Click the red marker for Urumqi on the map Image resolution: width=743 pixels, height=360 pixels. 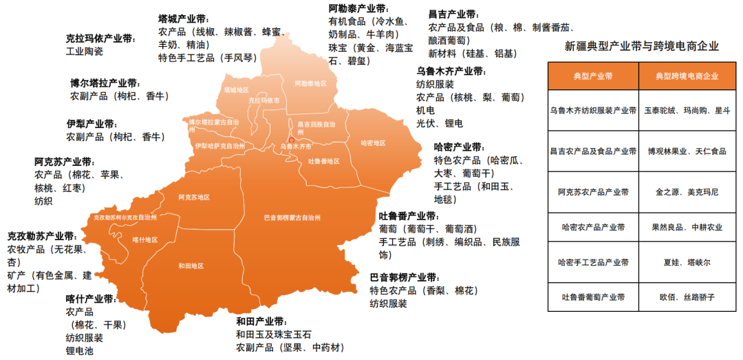[x=291, y=140]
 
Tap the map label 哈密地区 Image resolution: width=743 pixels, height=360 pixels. [x=374, y=143]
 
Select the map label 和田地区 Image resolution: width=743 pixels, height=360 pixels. [x=191, y=265]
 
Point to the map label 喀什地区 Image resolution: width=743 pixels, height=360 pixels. [x=145, y=240]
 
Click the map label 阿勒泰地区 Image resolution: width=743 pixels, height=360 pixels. [x=310, y=83]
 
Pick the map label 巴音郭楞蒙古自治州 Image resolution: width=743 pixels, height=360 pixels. [x=292, y=218]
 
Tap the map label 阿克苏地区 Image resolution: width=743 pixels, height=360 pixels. [x=193, y=197]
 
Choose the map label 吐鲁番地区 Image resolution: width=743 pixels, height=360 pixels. [x=323, y=161]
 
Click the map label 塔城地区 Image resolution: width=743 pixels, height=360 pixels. [x=237, y=90]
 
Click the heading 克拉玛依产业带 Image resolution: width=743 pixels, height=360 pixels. [x=101, y=39]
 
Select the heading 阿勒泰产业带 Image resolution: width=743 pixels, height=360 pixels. [x=358, y=9]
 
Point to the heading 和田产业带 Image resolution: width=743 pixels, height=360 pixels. [x=261, y=321]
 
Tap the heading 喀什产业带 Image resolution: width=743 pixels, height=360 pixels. [x=91, y=299]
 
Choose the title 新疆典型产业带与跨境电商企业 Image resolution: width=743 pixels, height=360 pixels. [x=641, y=47]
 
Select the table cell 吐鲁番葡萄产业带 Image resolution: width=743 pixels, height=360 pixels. [x=593, y=297]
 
